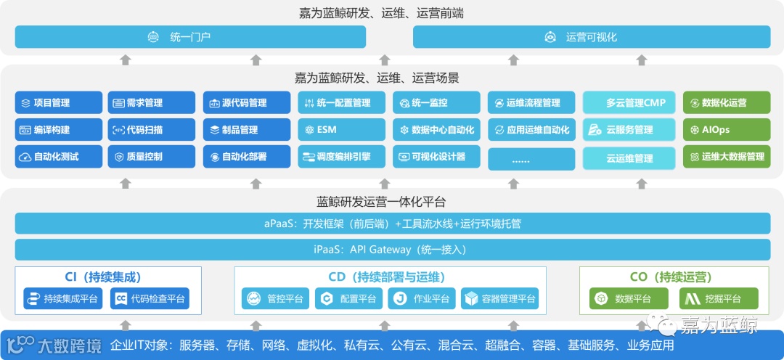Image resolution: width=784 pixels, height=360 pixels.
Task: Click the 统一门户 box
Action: click(190, 36)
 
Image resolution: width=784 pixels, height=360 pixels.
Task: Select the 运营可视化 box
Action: click(592, 36)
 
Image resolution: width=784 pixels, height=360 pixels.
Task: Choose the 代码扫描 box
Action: click(152, 130)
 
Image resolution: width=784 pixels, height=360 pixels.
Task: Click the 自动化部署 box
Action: click(246, 157)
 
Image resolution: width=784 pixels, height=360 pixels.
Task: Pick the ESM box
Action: click(341, 130)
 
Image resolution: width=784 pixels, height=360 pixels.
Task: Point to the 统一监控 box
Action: click(436, 102)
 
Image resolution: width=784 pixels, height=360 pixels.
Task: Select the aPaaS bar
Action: click(392, 224)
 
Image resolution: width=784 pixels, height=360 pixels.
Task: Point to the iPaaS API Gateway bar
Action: click(392, 250)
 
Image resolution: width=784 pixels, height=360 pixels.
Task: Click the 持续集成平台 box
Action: click(63, 298)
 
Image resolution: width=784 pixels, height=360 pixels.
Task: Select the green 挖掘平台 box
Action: click(719, 298)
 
